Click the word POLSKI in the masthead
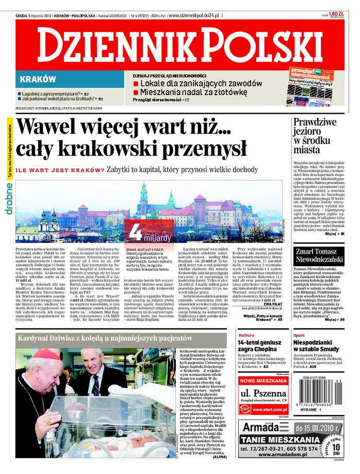tap(257, 45)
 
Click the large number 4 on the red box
tap(135, 233)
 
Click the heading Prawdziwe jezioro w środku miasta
tap(314, 136)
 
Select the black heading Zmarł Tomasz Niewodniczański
tap(317, 255)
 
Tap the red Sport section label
tap(299, 335)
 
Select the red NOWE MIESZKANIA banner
tap(264, 381)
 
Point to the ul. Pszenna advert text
tap(264, 394)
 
